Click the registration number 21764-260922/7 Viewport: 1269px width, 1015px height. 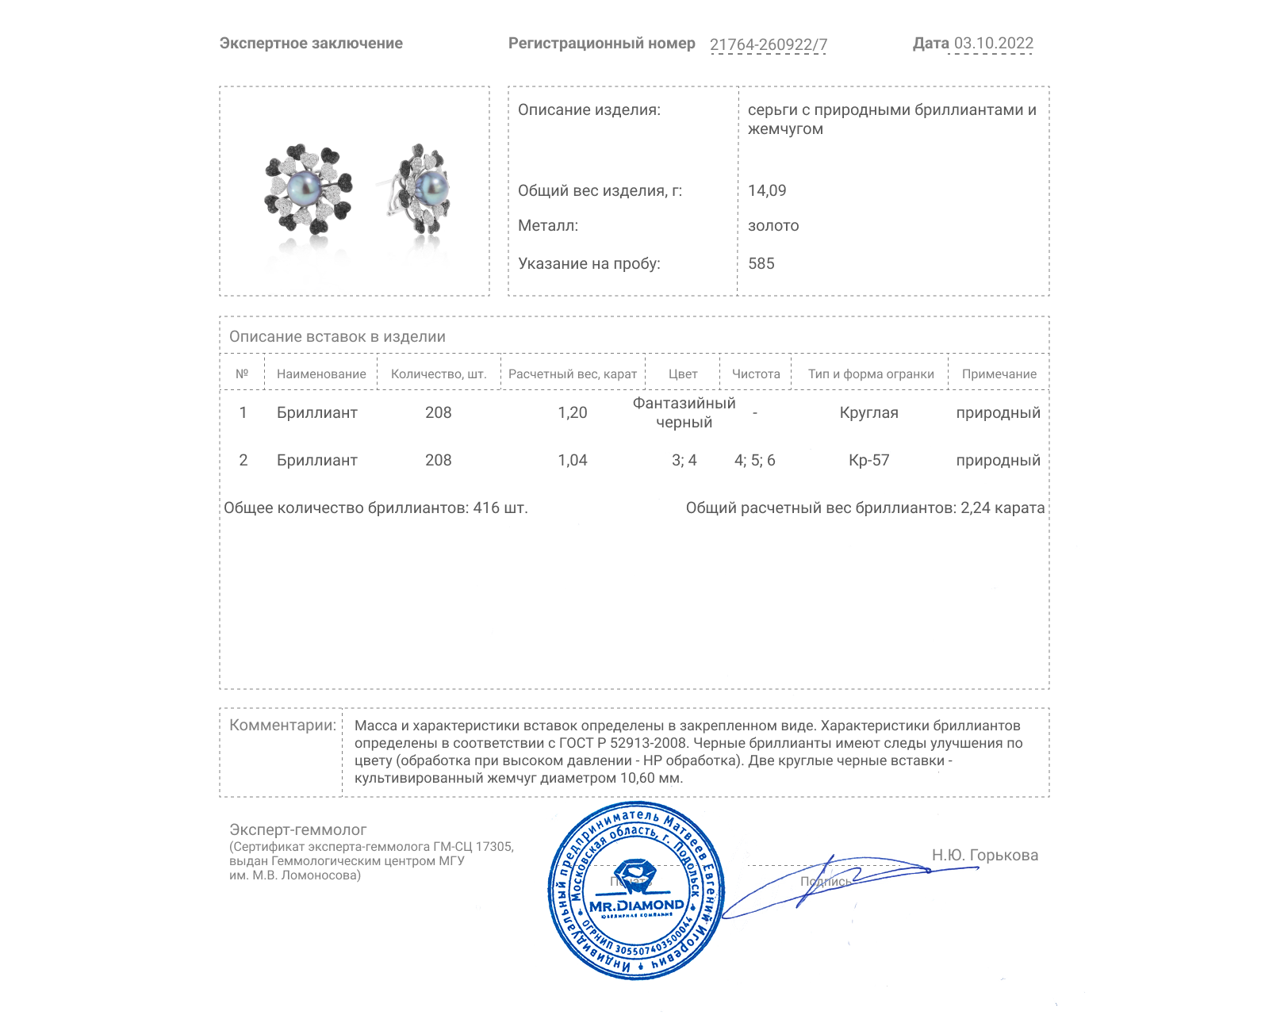point(768,44)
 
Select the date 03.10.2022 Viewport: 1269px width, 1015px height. point(993,44)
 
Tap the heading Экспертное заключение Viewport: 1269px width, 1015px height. point(311,44)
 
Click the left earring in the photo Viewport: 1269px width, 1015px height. point(308,189)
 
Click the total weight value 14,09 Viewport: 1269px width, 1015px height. point(767,190)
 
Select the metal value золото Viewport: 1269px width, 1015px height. point(773,225)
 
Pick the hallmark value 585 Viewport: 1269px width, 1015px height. point(761,263)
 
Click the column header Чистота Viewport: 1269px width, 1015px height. point(756,374)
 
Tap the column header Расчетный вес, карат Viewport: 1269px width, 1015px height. point(573,374)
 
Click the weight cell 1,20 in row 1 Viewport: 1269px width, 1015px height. point(573,412)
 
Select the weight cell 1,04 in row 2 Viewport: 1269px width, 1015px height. point(573,460)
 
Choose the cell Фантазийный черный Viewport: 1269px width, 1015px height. point(684,412)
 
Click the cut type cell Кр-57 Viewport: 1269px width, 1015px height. point(869,460)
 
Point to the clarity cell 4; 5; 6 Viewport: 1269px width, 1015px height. point(755,460)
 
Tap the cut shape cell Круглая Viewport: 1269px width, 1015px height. point(869,412)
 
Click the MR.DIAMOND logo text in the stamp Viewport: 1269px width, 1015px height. point(636,905)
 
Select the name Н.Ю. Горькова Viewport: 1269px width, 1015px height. point(984,855)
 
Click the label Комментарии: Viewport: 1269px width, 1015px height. point(282,725)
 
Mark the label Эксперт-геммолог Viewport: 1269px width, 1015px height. point(298,829)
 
